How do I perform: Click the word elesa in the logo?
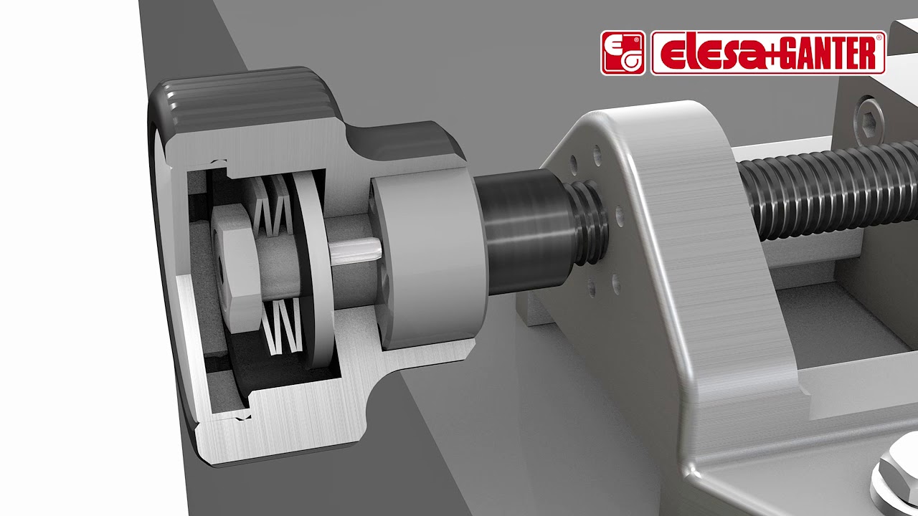(707, 54)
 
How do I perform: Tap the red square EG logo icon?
(623, 53)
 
